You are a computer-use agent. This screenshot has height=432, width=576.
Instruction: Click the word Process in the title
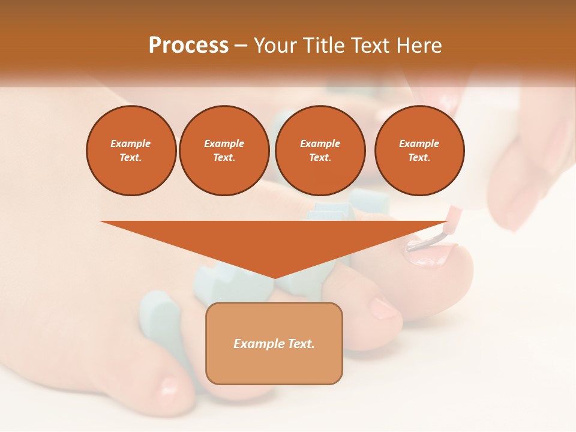[x=188, y=46]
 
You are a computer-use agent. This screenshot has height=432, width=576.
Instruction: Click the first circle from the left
[x=131, y=150]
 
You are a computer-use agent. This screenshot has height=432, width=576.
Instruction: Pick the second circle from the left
[x=224, y=150]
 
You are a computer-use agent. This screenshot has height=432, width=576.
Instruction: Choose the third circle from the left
[x=320, y=150]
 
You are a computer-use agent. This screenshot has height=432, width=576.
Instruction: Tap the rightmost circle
[x=419, y=150]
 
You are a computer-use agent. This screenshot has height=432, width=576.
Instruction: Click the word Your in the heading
[x=273, y=46]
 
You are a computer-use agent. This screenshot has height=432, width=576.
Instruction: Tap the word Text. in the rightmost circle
[x=419, y=157]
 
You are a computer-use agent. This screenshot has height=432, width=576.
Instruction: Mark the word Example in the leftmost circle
[x=131, y=143]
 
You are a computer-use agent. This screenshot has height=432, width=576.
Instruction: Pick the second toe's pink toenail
[x=383, y=308]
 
